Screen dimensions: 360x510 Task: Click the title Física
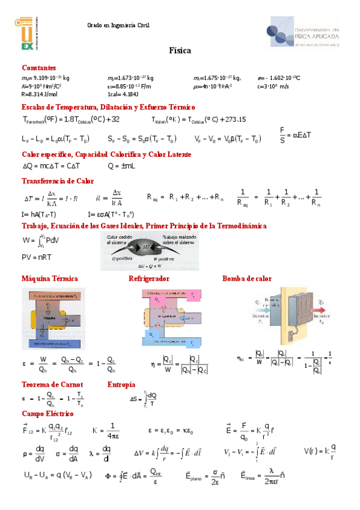tap(180, 51)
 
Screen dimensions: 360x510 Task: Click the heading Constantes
tap(38, 68)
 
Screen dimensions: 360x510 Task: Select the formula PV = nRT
tap(37, 257)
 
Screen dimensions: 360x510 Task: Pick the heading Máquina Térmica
tap(50, 278)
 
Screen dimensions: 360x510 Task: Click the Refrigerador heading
tap(148, 278)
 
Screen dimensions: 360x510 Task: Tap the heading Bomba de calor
tap(246, 278)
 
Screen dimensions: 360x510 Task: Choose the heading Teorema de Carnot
tap(52, 384)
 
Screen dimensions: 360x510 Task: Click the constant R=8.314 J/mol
tap(39, 94)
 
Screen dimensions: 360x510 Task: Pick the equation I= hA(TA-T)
tap(39, 214)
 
